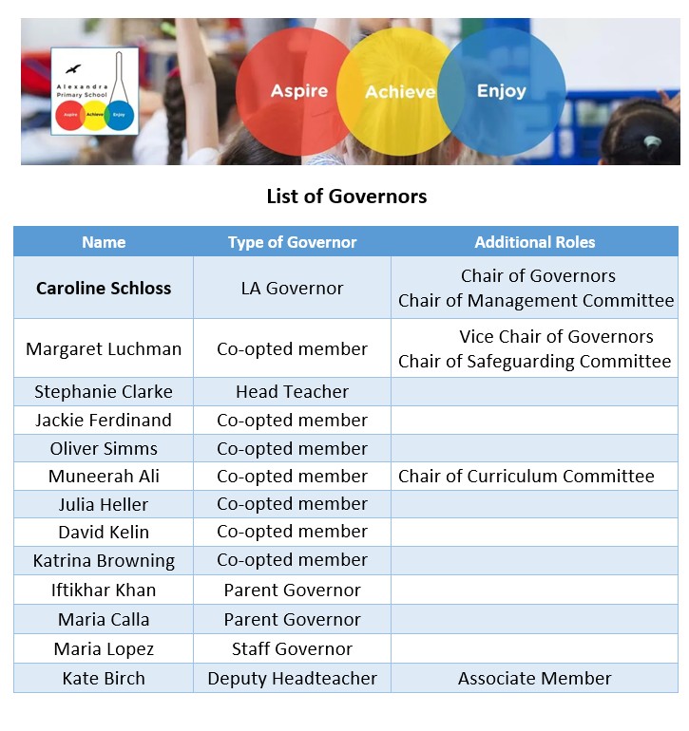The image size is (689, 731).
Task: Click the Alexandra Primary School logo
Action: (x=94, y=90)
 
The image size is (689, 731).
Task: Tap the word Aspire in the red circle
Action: (x=298, y=91)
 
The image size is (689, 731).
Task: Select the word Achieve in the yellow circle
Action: (x=400, y=92)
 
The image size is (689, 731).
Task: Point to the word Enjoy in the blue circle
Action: (x=501, y=91)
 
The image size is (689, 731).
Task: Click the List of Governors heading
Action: (x=346, y=197)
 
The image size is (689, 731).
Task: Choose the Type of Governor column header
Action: (x=292, y=242)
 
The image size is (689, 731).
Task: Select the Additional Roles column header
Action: (x=534, y=242)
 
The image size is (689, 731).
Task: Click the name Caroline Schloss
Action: (x=104, y=288)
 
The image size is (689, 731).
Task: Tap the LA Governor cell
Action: (x=292, y=288)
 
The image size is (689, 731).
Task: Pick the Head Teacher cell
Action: (x=292, y=391)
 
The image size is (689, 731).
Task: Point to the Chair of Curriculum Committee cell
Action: (x=526, y=476)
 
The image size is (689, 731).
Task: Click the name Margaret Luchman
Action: (x=104, y=348)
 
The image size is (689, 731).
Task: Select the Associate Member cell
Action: (x=534, y=678)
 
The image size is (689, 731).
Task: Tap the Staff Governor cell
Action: (x=292, y=648)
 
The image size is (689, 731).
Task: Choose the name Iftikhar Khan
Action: (x=104, y=590)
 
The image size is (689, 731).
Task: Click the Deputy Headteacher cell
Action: (x=292, y=678)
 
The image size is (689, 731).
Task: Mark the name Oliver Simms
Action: (x=104, y=448)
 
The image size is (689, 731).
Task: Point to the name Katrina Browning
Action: (x=104, y=560)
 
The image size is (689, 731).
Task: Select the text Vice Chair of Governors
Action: (x=556, y=336)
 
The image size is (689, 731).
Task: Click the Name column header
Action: (x=104, y=242)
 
